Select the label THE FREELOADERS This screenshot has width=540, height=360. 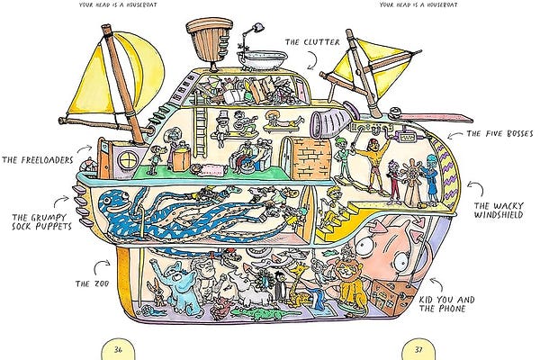[x=35, y=160]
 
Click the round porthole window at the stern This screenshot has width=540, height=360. [x=127, y=159]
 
